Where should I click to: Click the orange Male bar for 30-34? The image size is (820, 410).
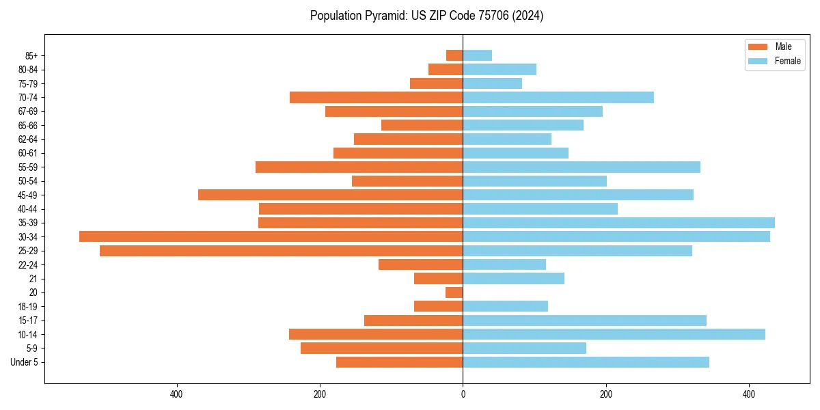click(271, 236)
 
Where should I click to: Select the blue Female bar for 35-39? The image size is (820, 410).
click(618, 223)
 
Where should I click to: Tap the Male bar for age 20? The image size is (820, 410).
click(454, 292)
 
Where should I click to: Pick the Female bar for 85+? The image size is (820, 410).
click(477, 55)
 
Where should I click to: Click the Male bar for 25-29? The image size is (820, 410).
click(281, 251)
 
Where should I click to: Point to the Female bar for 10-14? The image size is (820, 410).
click(614, 334)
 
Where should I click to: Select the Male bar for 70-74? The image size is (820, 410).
click(376, 97)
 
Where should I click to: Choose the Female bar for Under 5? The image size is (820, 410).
click(586, 362)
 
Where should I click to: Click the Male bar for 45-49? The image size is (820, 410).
click(330, 195)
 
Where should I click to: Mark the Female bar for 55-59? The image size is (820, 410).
click(582, 167)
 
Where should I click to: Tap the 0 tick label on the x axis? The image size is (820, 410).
click(463, 394)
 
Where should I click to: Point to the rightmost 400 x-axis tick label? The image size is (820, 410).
click(749, 394)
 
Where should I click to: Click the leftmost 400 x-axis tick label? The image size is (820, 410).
click(176, 394)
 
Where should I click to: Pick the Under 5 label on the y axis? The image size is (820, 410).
click(24, 362)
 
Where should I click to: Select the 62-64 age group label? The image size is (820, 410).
click(28, 139)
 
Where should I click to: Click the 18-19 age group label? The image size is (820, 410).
click(28, 306)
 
